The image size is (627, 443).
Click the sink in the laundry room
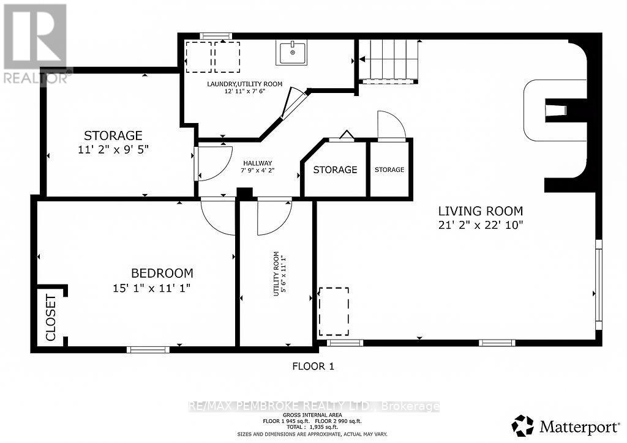(292, 53)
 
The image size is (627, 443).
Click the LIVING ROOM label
(480, 211)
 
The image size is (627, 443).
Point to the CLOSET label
(51, 318)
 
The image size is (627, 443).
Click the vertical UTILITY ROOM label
(279, 274)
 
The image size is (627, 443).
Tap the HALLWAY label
(257, 162)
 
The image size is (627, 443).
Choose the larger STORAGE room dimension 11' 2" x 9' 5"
(113, 149)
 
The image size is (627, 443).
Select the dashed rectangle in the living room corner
(334, 311)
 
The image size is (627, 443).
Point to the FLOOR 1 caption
(313, 367)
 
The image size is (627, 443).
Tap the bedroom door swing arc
(218, 218)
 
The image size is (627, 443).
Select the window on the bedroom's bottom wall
(148, 349)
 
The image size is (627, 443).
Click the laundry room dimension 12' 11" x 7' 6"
(245, 92)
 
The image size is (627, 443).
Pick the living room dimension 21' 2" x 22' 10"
(480, 225)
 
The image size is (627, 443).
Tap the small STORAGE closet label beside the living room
(389, 169)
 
